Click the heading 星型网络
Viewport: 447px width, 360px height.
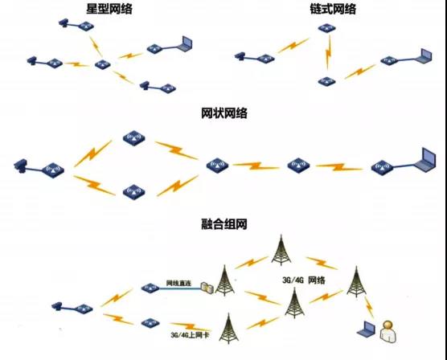(x=109, y=9)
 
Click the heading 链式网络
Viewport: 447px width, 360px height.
(x=333, y=9)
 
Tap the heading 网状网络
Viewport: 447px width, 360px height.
(x=224, y=113)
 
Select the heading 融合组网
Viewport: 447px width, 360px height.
(x=224, y=224)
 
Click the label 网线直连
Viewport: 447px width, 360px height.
(x=178, y=284)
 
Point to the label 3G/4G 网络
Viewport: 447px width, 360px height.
(x=304, y=280)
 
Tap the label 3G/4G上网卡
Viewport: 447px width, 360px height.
(x=190, y=335)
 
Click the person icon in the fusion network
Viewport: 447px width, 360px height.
(x=388, y=332)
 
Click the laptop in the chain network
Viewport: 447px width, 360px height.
(x=424, y=56)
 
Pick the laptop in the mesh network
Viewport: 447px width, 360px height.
(x=425, y=160)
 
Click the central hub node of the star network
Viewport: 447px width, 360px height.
(x=103, y=65)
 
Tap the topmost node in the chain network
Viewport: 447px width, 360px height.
(x=327, y=28)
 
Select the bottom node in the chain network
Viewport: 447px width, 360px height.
(x=327, y=81)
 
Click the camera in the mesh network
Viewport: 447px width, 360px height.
(x=20, y=166)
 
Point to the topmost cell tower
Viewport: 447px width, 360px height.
(x=281, y=250)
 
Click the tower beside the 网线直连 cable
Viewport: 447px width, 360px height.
(x=224, y=280)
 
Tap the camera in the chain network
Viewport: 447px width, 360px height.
(x=240, y=56)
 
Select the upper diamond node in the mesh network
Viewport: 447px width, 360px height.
(x=134, y=138)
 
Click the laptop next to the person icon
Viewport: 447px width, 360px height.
(x=367, y=329)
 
